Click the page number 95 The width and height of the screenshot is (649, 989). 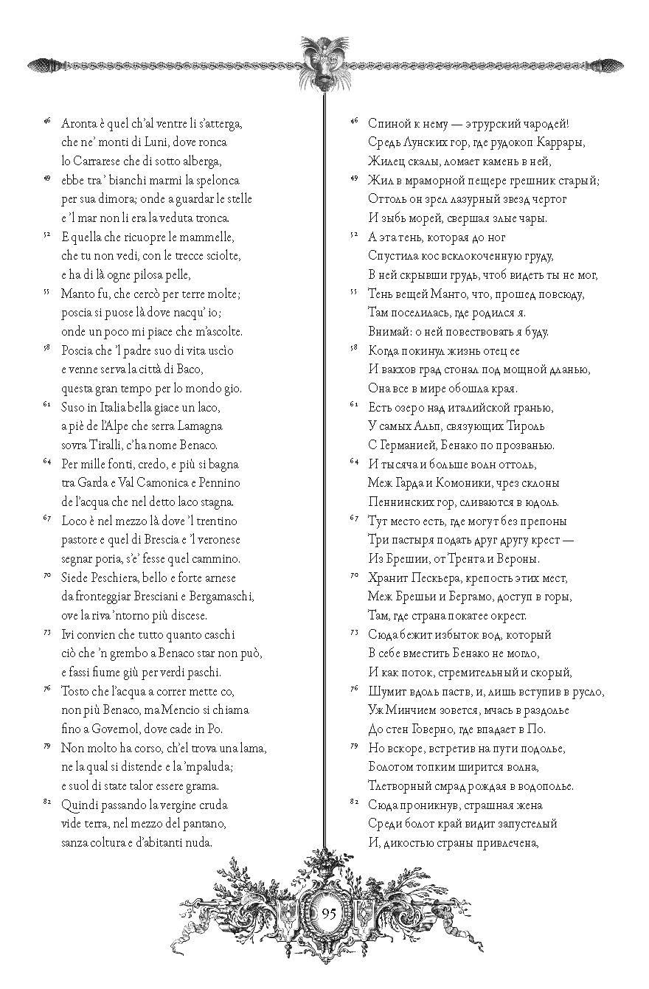coord(329,912)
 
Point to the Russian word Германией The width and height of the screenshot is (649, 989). coord(408,445)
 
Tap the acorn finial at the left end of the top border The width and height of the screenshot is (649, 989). coord(41,65)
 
